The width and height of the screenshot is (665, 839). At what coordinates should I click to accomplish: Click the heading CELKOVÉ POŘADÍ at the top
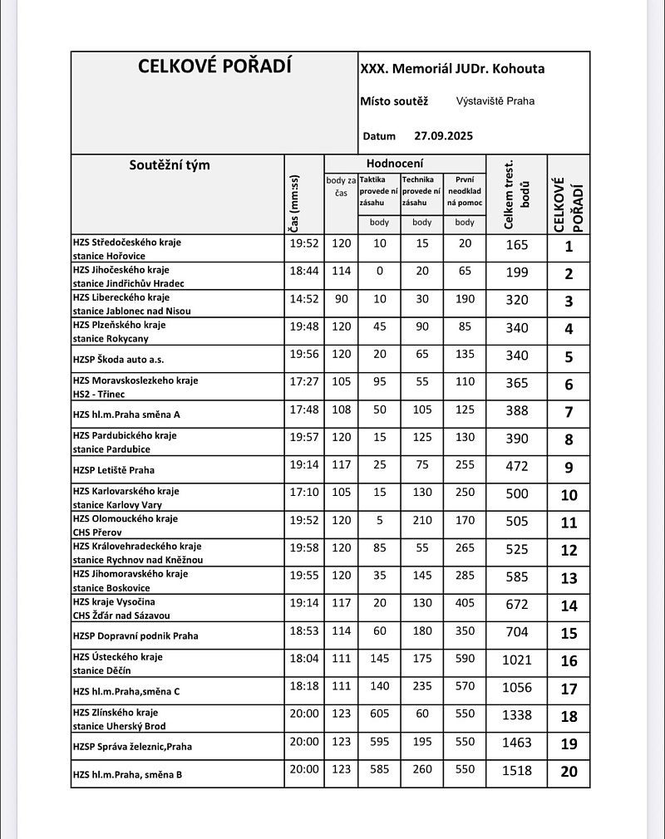(214, 66)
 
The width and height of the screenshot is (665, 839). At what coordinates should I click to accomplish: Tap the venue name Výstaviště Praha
(495, 101)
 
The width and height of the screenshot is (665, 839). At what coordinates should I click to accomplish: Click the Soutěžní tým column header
(170, 164)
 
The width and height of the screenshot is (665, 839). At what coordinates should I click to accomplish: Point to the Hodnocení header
(395, 164)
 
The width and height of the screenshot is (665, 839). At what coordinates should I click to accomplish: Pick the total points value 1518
(517, 771)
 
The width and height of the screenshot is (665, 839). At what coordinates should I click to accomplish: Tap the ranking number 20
(569, 772)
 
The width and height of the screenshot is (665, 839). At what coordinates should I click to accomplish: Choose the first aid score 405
(465, 604)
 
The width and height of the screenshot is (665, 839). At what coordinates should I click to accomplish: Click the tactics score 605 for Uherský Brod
(379, 714)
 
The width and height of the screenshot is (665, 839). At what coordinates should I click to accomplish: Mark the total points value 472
(517, 467)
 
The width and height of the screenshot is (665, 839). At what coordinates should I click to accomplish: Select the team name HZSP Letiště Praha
(114, 470)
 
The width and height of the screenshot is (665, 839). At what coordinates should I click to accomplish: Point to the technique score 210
(422, 521)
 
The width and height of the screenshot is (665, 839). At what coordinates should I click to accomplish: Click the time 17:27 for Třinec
(304, 382)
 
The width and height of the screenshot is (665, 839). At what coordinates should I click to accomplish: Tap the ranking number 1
(569, 247)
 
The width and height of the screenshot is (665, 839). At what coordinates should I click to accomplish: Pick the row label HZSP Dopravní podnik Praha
(135, 635)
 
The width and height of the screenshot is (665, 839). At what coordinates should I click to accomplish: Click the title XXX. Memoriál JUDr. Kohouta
(452, 69)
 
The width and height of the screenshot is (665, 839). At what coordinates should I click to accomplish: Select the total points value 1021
(517, 660)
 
